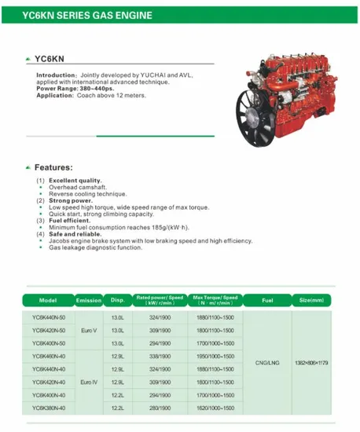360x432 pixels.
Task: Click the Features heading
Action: [x=53, y=167]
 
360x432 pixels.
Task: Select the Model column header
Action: [x=48, y=301]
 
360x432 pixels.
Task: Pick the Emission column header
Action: [x=89, y=301]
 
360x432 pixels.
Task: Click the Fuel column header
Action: [x=266, y=301]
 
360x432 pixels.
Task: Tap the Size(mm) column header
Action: [x=310, y=301]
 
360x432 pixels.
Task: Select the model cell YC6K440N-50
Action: [x=48, y=318]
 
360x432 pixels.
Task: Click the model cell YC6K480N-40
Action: [x=48, y=356]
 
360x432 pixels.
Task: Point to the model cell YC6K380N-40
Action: [x=48, y=408]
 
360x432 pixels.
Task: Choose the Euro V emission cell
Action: [x=89, y=331]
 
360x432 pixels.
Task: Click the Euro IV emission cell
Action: [x=89, y=382]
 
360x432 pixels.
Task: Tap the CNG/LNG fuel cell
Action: [x=266, y=363]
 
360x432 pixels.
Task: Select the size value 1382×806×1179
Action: [x=310, y=363]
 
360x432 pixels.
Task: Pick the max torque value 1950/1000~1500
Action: [x=215, y=356]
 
